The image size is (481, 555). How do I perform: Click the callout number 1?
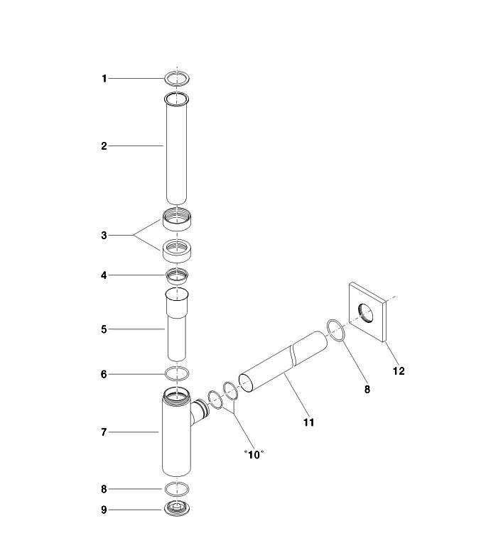(x=104, y=79)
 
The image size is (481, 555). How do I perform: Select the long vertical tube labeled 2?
(x=176, y=148)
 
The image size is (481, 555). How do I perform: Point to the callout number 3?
(x=104, y=236)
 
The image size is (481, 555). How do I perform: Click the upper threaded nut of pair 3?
(x=177, y=219)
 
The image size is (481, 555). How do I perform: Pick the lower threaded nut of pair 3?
(x=177, y=251)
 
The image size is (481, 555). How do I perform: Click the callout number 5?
(x=104, y=329)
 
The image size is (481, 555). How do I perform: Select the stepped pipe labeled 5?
(x=176, y=324)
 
